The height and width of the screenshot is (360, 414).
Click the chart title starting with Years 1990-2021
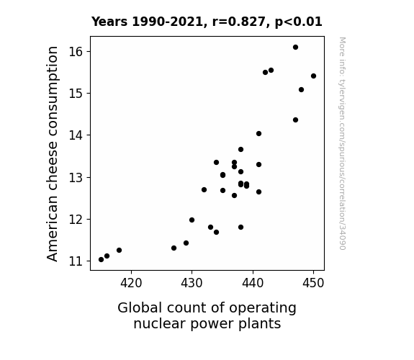(x=207, y=22)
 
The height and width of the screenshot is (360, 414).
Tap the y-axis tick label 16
(x=76, y=52)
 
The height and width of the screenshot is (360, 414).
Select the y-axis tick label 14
(x=76, y=135)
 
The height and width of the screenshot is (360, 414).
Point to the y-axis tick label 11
(x=76, y=261)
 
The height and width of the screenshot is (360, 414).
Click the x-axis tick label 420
(x=131, y=283)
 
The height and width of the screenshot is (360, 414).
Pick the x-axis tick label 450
(x=313, y=283)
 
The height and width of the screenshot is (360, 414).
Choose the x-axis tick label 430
(x=192, y=283)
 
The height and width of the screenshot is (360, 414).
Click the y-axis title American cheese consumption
(x=52, y=153)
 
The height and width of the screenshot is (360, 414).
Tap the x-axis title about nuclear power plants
(x=207, y=316)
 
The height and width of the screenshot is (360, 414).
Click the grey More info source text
(x=342, y=143)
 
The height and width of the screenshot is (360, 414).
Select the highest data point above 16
(x=295, y=48)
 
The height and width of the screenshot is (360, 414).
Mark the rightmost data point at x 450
(x=313, y=76)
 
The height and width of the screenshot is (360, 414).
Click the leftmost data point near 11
(x=101, y=260)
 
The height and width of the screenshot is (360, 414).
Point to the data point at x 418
(x=119, y=250)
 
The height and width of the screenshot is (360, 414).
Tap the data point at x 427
(x=174, y=248)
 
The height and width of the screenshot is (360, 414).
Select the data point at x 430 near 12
(x=192, y=220)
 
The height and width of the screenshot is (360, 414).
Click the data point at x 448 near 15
(x=301, y=90)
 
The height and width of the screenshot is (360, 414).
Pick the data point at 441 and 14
(x=258, y=134)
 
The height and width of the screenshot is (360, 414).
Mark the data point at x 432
(x=204, y=189)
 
